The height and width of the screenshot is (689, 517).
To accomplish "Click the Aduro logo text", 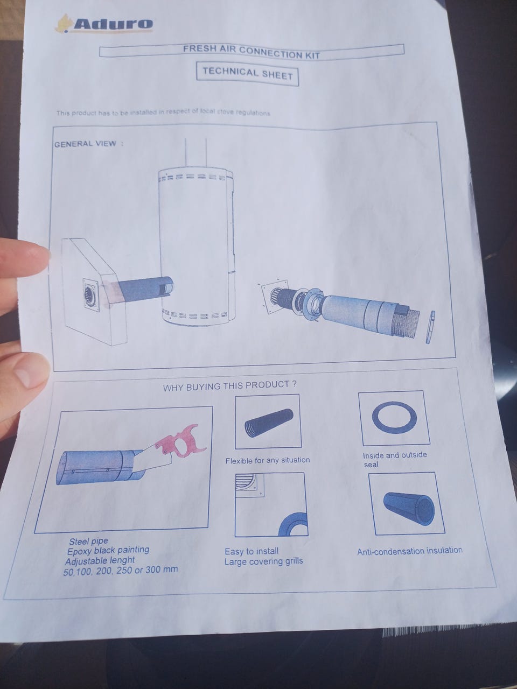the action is click(x=113, y=24).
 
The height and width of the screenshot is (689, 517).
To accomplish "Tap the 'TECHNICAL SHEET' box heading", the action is click(x=247, y=73).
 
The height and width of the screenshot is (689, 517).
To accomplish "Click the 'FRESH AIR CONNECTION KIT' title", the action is click(x=251, y=52).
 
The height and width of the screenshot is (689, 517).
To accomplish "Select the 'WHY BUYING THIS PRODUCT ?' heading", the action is click(x=229, y=386).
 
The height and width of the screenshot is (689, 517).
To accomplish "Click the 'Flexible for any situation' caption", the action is click(x=268, y=460).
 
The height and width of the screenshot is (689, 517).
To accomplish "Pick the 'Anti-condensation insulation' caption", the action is click(x=410, y=551).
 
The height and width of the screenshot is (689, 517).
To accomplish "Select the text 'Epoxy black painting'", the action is click(x=108, y=550).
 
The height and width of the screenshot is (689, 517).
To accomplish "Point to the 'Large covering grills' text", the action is click(x=263, y=561).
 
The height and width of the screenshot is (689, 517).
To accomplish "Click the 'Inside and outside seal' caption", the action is click(x=394, y=460).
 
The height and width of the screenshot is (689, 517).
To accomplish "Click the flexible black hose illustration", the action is click(x=269, y=423).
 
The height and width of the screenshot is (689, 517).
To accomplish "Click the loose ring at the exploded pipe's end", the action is click(x=430, y=327).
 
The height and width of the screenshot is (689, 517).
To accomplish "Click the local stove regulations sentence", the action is click(x=163, y=113).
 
